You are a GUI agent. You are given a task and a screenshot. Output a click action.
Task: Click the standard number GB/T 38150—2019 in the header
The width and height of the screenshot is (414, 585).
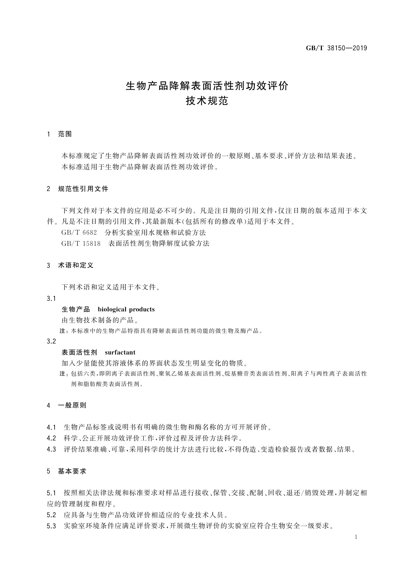(336, 48)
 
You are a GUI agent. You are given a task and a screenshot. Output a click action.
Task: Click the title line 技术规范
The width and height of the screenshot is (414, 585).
(207, 101)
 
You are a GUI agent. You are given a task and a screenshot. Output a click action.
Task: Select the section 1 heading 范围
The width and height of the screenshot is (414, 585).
(65, 134)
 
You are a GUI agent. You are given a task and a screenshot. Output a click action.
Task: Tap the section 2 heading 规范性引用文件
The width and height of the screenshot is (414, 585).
(83, 189)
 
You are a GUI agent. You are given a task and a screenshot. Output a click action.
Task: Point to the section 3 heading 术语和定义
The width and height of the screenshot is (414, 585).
(76, 265)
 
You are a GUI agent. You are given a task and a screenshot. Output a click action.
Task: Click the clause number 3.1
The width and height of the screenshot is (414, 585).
(51, 298)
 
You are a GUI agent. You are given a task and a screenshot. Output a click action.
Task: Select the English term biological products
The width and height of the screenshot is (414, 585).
(126, 309)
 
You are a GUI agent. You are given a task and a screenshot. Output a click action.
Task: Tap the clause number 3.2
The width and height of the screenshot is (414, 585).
(51, 341)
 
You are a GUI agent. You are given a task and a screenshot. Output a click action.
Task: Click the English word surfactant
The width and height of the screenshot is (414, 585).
(120, 352)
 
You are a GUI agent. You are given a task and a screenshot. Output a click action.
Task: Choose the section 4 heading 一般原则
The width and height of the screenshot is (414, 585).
(72, 405)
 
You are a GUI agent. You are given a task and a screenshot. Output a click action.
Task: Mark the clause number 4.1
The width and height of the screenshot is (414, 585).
(51, 427)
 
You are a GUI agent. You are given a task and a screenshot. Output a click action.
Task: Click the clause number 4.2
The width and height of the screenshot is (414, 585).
(51, 438)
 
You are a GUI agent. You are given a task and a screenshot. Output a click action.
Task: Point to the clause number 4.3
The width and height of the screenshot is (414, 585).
(51, 449)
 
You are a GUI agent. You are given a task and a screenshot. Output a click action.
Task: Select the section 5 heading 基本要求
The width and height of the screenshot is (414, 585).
(72, 471)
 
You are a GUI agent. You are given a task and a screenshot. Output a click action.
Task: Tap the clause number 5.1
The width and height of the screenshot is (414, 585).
(51, 493)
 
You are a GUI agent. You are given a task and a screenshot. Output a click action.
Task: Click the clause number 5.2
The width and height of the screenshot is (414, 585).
(51, 515)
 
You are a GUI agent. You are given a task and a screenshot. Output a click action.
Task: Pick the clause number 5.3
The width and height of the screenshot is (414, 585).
(51, 526)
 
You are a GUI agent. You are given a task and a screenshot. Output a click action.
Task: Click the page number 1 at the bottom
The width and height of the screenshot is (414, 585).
(356, 537)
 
